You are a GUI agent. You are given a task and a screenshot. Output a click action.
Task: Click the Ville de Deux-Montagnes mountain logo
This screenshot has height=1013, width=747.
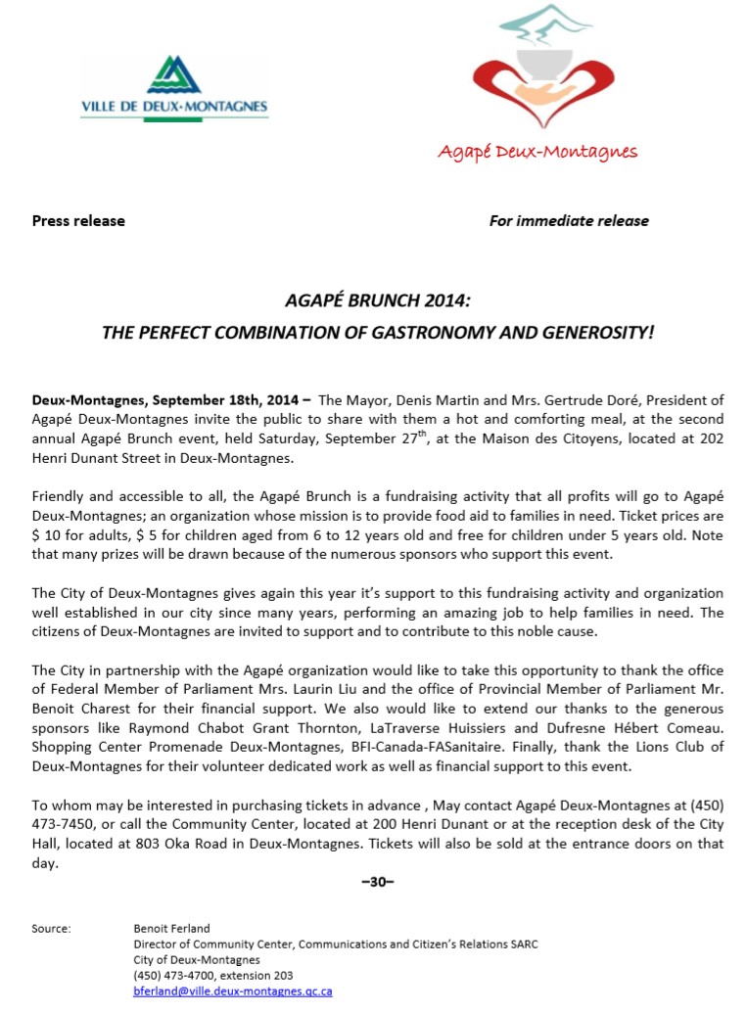(x=174, y=73)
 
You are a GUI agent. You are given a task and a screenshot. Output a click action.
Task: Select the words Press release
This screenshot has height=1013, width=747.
(x=78, y=221)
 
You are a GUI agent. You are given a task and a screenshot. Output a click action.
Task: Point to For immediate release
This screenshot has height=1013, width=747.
(x=569, y=221)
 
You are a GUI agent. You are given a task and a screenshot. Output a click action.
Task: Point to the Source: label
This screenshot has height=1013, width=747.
(x=51, y=929)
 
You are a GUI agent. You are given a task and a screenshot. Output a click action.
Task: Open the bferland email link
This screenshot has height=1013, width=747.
(x=233, y=991)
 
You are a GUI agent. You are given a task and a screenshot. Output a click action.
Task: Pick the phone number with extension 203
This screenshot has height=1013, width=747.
(x=212, y=976)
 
